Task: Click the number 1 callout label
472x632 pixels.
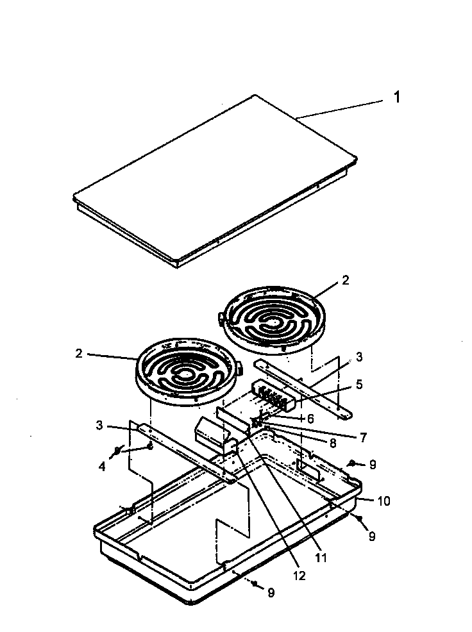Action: [x=397, y=97]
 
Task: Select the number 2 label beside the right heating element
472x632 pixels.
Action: [x=346, y=280]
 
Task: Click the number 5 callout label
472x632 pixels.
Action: [x=359, y=385]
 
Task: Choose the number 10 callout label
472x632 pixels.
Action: [x=383, y=501]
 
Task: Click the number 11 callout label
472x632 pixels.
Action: [x=320, y=558]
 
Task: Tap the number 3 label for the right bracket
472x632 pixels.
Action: [x=359, y=356]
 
